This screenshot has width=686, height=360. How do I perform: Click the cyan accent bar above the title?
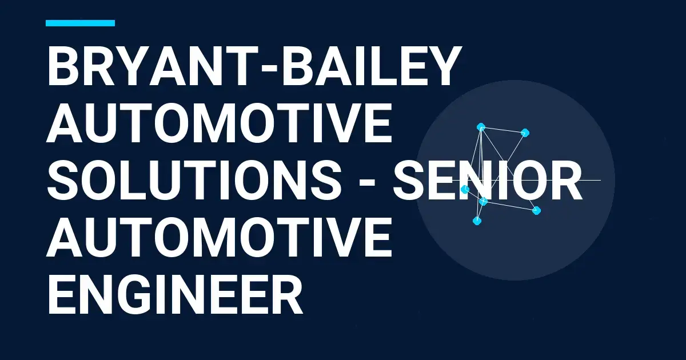tap(80, 23)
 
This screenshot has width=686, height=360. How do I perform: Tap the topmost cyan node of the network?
tap(481, 127)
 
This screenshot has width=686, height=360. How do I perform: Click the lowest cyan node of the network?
tap(477, 221)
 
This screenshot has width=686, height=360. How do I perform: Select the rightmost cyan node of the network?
tap(536, 210)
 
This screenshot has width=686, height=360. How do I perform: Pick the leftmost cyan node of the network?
tap(465, 189)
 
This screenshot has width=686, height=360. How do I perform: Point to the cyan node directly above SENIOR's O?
tap(525, 133)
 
